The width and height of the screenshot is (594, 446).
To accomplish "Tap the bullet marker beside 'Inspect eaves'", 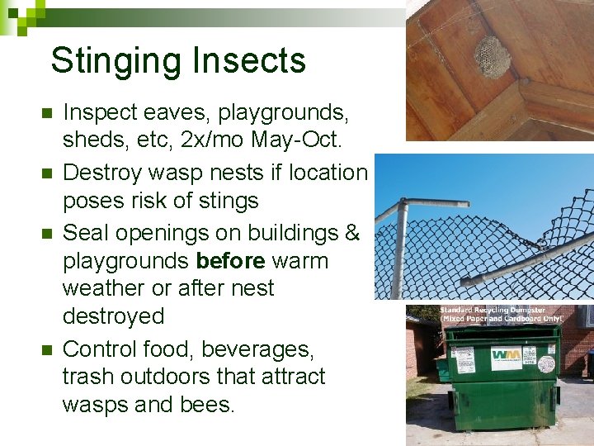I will [x=47, y=113].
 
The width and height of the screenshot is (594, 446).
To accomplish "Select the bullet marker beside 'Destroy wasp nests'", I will [x=47, y=173].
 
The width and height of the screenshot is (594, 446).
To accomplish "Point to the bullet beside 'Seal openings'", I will [x=47, y=234].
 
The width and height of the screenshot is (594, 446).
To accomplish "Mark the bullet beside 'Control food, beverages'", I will [x=47, y=349].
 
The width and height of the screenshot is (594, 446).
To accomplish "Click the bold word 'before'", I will [x=231, y=261].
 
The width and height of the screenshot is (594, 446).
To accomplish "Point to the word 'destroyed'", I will [x=113, y=316].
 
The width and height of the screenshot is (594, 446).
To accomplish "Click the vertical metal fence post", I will [x=402, y=248].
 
